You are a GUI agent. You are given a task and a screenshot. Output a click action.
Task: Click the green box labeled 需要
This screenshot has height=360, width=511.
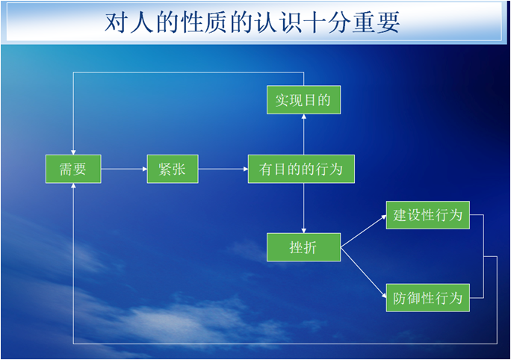(x=72, y=169)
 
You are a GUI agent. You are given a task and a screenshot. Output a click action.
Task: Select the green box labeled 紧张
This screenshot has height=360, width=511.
(x=173, y=169)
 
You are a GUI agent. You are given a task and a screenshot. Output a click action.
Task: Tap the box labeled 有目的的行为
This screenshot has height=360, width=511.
(x=301, y=169)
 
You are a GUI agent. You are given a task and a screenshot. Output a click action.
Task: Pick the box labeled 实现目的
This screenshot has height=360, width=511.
(x=303, y=100)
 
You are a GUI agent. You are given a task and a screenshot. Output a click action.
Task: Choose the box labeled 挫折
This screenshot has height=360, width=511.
(x=303, y=247)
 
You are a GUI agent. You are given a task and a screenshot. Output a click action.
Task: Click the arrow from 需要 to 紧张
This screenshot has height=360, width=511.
(x=124, y=169)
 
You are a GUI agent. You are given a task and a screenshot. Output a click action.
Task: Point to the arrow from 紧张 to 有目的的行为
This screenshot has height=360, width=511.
(x=223, y=169)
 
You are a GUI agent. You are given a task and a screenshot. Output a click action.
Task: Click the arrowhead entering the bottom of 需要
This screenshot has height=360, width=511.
(x=72, y=187)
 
